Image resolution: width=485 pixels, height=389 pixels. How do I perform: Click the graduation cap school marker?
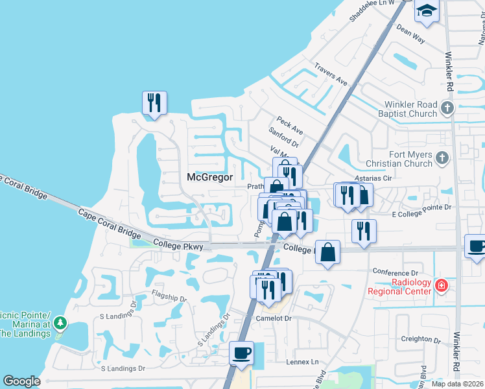427,12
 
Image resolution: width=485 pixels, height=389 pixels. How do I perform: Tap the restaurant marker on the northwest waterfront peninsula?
154,103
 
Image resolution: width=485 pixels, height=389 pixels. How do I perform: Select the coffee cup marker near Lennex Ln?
241,353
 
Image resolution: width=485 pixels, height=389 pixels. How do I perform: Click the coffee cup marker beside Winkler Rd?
477,246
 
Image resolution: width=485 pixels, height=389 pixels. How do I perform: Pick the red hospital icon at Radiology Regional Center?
442,285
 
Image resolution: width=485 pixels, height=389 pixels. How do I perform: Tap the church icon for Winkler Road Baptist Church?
447,106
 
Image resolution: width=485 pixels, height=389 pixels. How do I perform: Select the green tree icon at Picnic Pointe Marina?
60,322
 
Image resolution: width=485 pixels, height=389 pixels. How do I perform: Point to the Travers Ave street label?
331,75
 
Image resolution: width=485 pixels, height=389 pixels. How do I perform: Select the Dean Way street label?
410,34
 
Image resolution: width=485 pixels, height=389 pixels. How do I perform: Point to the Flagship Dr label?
168,299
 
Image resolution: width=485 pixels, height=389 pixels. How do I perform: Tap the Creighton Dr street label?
416,338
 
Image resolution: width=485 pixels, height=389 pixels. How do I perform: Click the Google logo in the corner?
21,381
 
